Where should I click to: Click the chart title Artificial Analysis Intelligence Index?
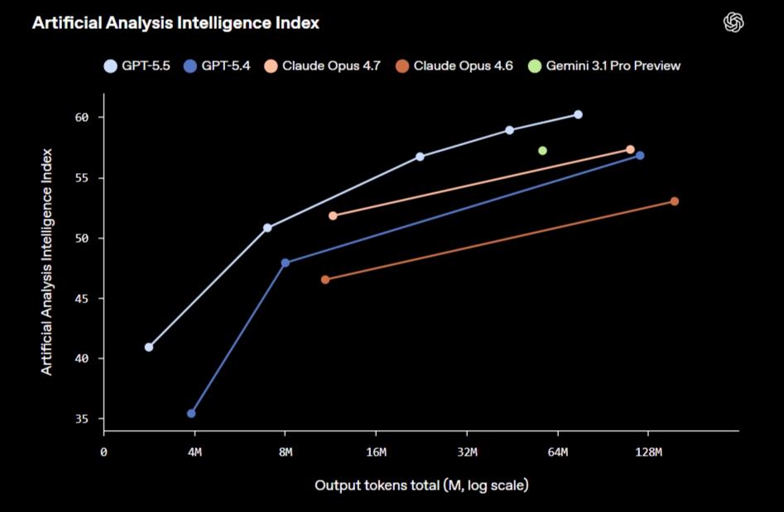pyautogui.click(x=176, y=23)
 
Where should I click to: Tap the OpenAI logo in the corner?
pyautogui.click(x=733, y=23)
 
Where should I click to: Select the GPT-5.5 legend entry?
pyautogui.click(x=138, y=65)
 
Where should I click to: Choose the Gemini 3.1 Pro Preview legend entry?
pyautogui.click(x=604, y=65)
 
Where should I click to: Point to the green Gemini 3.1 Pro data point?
pyautogui.click(x=542, y=151)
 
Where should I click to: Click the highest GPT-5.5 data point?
pyautogui.click(x=578, y=114)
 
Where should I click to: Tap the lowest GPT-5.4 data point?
pyautogui.click(x=191, y=413)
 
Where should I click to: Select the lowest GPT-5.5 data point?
pyautogui.click(x=148, y=347)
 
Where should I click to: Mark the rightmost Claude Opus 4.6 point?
pyautogui.click(x=675, y=201)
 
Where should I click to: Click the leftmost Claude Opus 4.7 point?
pyautogui.click(x=333, y=215)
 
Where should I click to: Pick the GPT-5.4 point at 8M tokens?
pyautogui.click(x=286, y=263)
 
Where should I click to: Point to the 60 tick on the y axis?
pyautogui.click(x=81, y=118)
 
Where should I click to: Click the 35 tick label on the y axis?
pyautogui.click(x=81, y=419)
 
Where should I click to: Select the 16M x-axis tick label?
pyautogui.click(x=376, y=452)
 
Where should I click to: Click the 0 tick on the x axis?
pyautogui.click(x=103, y=452)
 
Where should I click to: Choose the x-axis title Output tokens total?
pyautogui.click(x=421, y=485)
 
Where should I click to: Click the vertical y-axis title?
pyautogui.click(x=48, y=261)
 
